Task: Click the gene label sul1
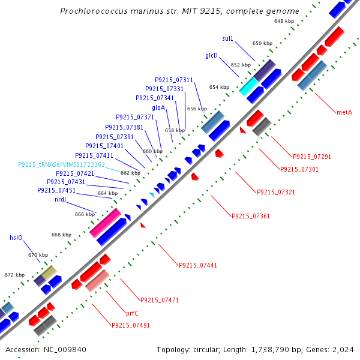click(x=227, y=38)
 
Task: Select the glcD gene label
click(x=211, y=55)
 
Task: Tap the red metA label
click(x=344, y=112)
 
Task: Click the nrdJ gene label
click(x=61, y=200)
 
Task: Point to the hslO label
click(x=16, y=238)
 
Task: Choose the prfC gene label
click(x=132, y=313)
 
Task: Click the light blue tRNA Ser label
click(x=62, y=164)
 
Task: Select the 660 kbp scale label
click(x=152, y=151)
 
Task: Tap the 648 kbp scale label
click(x=284, y=21)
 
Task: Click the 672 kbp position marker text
click(x=14, y=275)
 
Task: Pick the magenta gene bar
click(x=106, y=223)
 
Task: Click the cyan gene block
click(x=248, y=86)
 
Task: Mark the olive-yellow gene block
click(x=49, y=272)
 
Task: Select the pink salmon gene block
click(x=97, y=281)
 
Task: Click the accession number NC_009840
click(x=65, y=350)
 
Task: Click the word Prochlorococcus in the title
click(x=94, y=11)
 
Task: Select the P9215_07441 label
click(x=198, y=265)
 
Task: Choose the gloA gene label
click(x=158, y=107)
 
